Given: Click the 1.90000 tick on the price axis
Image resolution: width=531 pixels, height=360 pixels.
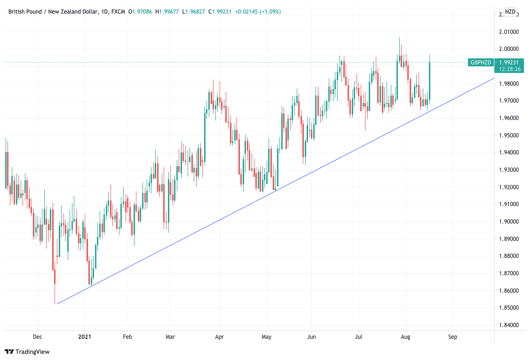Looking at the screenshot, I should [x=509, y=222].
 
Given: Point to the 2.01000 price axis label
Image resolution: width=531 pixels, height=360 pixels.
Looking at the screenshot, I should [x=509, y=32].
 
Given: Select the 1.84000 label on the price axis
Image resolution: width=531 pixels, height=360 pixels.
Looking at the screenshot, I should [x=509, y=325].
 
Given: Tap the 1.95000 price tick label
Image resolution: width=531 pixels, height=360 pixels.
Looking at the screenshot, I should [x=509, y=136].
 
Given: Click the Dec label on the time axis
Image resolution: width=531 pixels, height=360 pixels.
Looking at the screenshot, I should [x=38, y=337].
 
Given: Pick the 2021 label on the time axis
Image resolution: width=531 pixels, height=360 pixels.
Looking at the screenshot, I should [x=85, y=337].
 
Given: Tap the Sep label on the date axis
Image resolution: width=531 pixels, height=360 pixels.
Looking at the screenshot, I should [x=452, y=337].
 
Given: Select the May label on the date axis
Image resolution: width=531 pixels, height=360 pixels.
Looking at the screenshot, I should [x=266, y=337].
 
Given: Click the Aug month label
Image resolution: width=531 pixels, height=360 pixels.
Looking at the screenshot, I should [x=406, y=337].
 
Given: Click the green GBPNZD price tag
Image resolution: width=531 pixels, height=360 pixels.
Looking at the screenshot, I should [x=481, y=62].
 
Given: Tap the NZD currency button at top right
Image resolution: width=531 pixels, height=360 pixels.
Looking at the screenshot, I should [x=510, y=12].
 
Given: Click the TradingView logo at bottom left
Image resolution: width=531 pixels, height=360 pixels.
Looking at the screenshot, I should [x=27, y=352].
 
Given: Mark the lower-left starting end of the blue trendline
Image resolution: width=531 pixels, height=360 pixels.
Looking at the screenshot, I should [x=56, y=304].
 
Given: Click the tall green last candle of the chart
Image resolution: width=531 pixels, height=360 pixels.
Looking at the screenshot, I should [x=429, y=80].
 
